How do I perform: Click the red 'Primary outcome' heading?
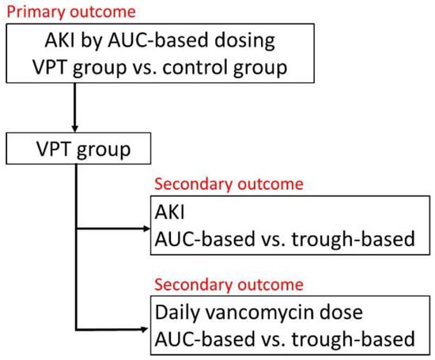coord(71,12)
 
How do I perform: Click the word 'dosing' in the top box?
coord(244,41)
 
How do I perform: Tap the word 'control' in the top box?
coord(196,67)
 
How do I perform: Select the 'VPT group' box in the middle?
coord(78,149)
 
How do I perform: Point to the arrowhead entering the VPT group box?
coord(74,128)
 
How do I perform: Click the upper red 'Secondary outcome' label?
coord(229,184)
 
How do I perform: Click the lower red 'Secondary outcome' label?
coord(229,285)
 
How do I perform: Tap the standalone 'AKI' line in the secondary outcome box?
coord(169,212)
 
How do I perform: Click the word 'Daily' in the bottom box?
coord(178,313)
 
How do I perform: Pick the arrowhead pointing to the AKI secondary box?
coord(146,229)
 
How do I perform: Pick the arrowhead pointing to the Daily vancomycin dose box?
coord(145,329)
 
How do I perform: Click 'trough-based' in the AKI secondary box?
coord(354,239)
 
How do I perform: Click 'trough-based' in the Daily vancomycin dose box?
coord(354,339)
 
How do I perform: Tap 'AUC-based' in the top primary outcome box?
coord(158,40)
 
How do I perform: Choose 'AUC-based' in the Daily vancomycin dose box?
coord(205,339)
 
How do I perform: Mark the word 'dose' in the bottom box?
coord(341,313)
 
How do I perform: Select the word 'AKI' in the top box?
coord(60,40)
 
